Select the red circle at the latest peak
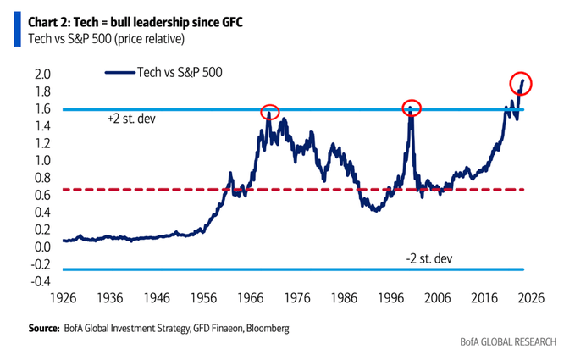pyautogui.click(x=521, y=83)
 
